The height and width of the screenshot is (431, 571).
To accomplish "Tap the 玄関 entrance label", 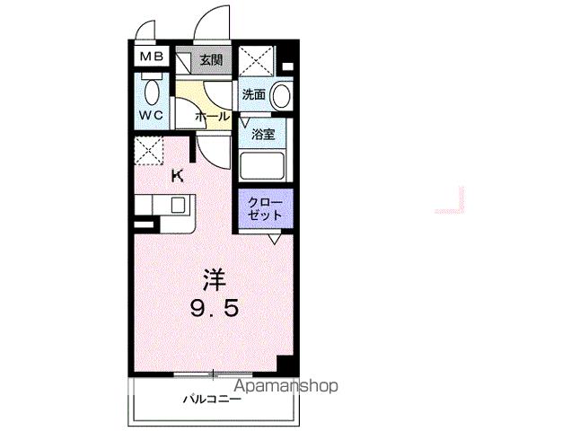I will (211, 61).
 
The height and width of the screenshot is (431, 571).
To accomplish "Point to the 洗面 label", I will (252, 93).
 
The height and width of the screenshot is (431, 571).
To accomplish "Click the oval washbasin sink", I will (281, 95).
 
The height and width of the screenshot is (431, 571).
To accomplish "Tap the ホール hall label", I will (212, 117).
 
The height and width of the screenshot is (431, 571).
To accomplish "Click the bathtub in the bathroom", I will (262, 165).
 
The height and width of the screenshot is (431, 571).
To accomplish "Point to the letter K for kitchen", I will (178, 176).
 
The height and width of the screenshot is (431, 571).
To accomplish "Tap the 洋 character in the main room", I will (212, 279).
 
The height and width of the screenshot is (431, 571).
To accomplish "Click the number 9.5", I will (213, 311).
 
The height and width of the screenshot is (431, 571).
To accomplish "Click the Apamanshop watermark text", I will (285, 386).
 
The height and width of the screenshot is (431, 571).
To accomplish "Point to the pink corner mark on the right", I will (452, 203).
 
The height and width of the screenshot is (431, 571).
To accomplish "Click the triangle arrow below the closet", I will (274, 240).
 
